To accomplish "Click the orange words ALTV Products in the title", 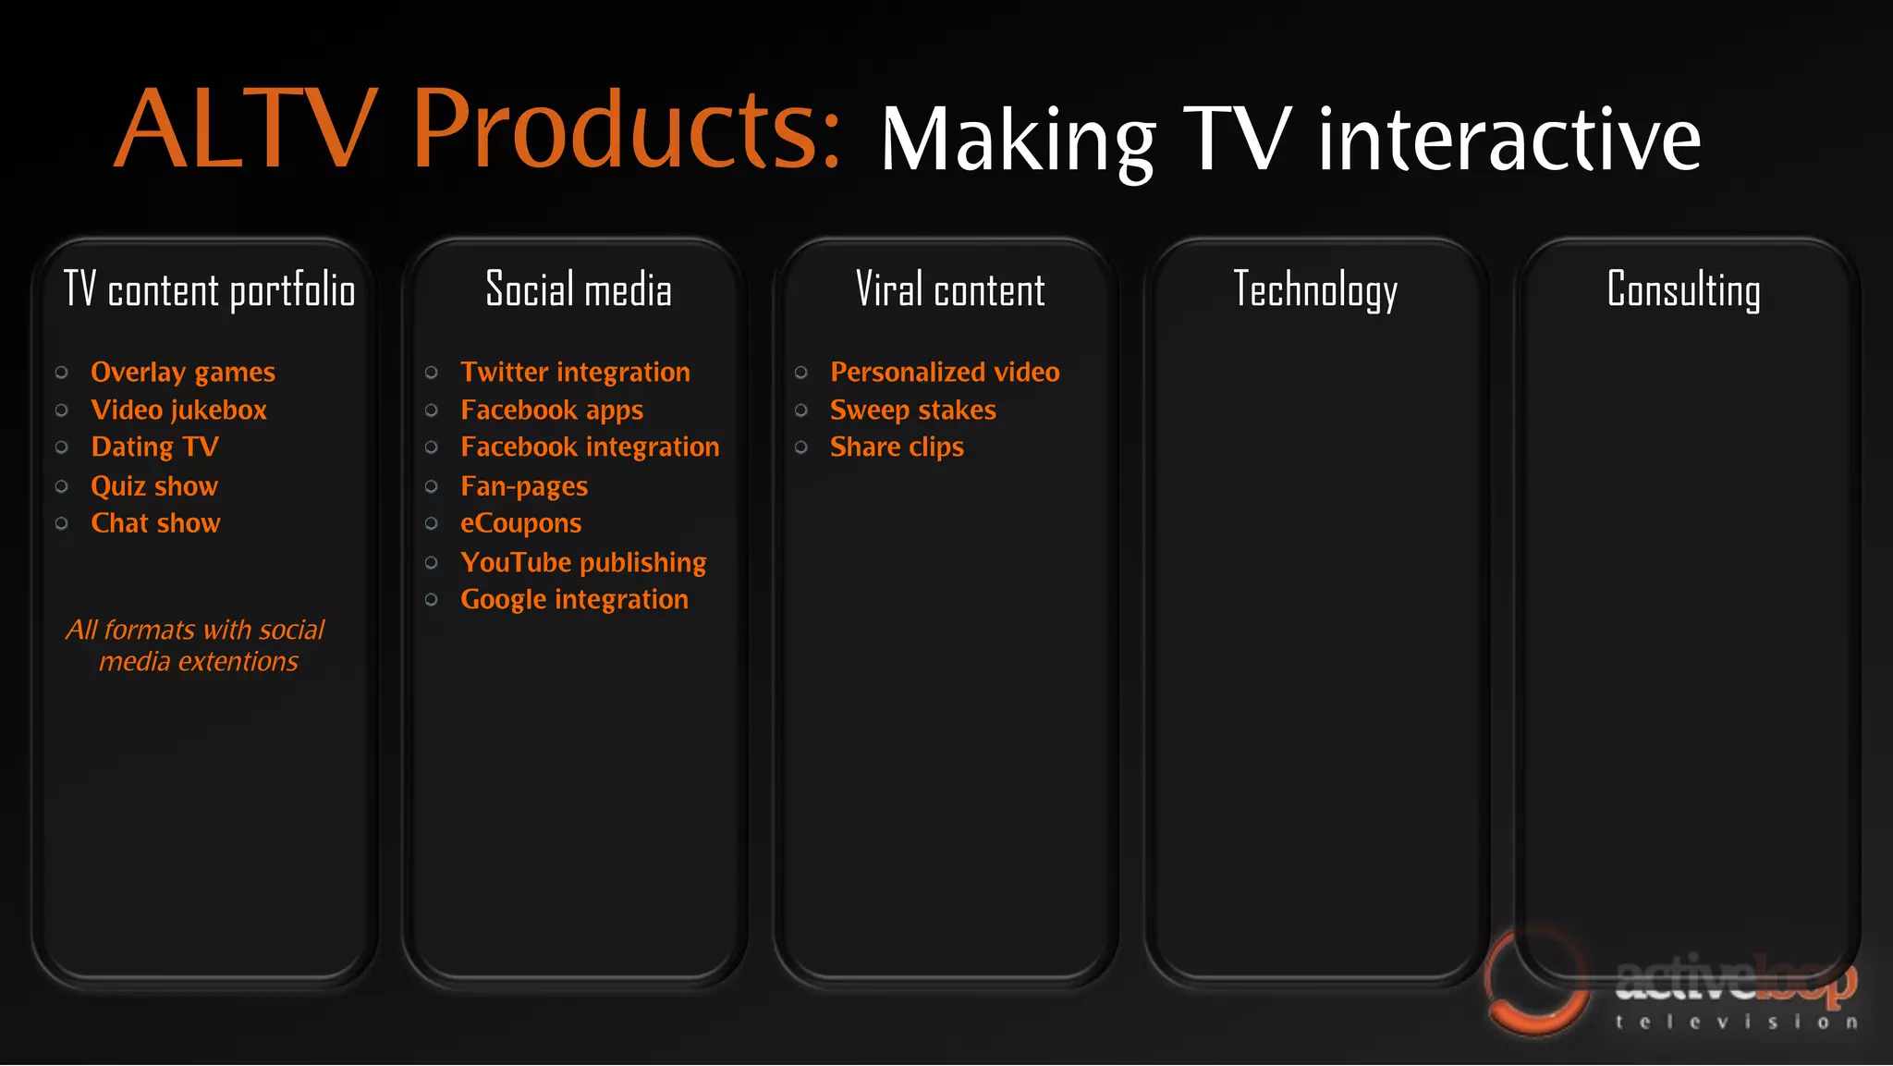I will point(476,129).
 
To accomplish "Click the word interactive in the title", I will point(1508,141).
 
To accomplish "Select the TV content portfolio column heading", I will point(209,290).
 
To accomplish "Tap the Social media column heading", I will point(579,290).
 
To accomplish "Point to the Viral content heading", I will point(950,290).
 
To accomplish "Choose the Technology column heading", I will point(1315,290).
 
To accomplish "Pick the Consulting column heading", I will point(1683,290).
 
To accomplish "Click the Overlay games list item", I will point(183,373).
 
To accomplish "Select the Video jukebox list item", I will point(178,410).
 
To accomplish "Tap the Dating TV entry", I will point(155,447).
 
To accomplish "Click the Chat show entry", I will point(155,523).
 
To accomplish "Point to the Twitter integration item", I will point(575,373).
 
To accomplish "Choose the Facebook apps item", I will point(552,410).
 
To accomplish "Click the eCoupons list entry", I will point(521,523).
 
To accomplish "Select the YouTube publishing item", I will point(583,562).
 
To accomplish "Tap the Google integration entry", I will point(574,600).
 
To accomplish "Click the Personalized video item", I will point(945,373).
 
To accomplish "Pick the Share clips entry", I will point(897,447).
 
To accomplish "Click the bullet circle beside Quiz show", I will point(62,486).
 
